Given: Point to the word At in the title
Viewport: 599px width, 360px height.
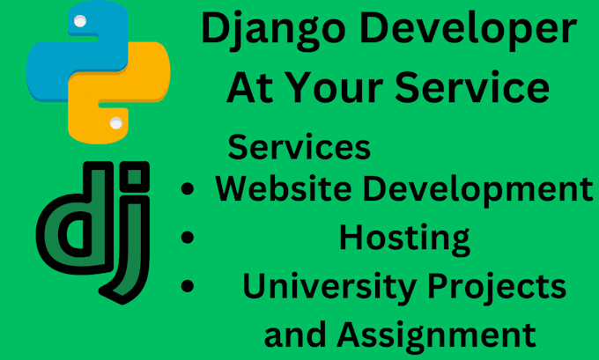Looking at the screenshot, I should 256,88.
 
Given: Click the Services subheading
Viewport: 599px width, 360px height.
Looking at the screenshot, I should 299,146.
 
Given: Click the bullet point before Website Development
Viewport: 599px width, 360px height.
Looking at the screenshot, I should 187,191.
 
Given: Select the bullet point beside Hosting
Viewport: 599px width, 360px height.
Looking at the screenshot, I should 187,238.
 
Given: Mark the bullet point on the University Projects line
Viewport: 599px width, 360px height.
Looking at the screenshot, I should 187,287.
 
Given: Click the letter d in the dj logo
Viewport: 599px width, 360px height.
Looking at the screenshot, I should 67,232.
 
